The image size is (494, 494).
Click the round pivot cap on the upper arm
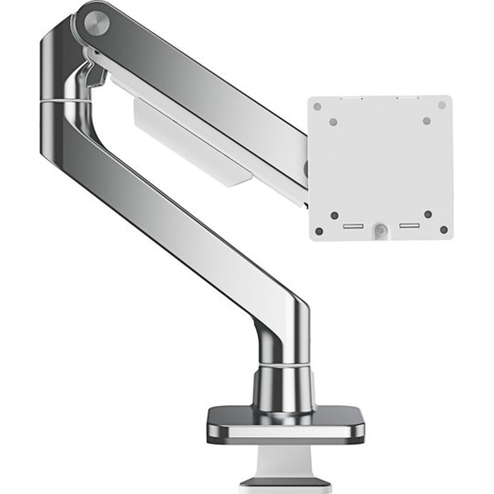pyautogui.click(x=96, y=23)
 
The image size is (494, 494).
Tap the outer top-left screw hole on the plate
pyautogui.click(x=317, y=106)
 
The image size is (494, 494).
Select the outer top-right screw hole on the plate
pyautogui.click(x=442, y=105)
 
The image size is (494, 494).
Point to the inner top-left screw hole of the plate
pyautogui.click(x=333, y=122)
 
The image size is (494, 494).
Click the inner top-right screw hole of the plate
pyautogui.click(x=426, y=121)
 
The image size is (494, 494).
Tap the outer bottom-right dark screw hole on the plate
pyautogui.click(x=444, y=230)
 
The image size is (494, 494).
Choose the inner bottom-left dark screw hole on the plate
pyautogui.click(x=334, y=216)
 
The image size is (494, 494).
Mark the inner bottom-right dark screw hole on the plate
pyautogui.click(x=428, y=214)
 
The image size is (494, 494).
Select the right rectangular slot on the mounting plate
pyautogui.click(x=408, y=226)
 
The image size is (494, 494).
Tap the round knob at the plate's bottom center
pyautogui.click(x=380, y=233)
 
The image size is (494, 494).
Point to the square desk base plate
pyautogui.click(x=285, y=425)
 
